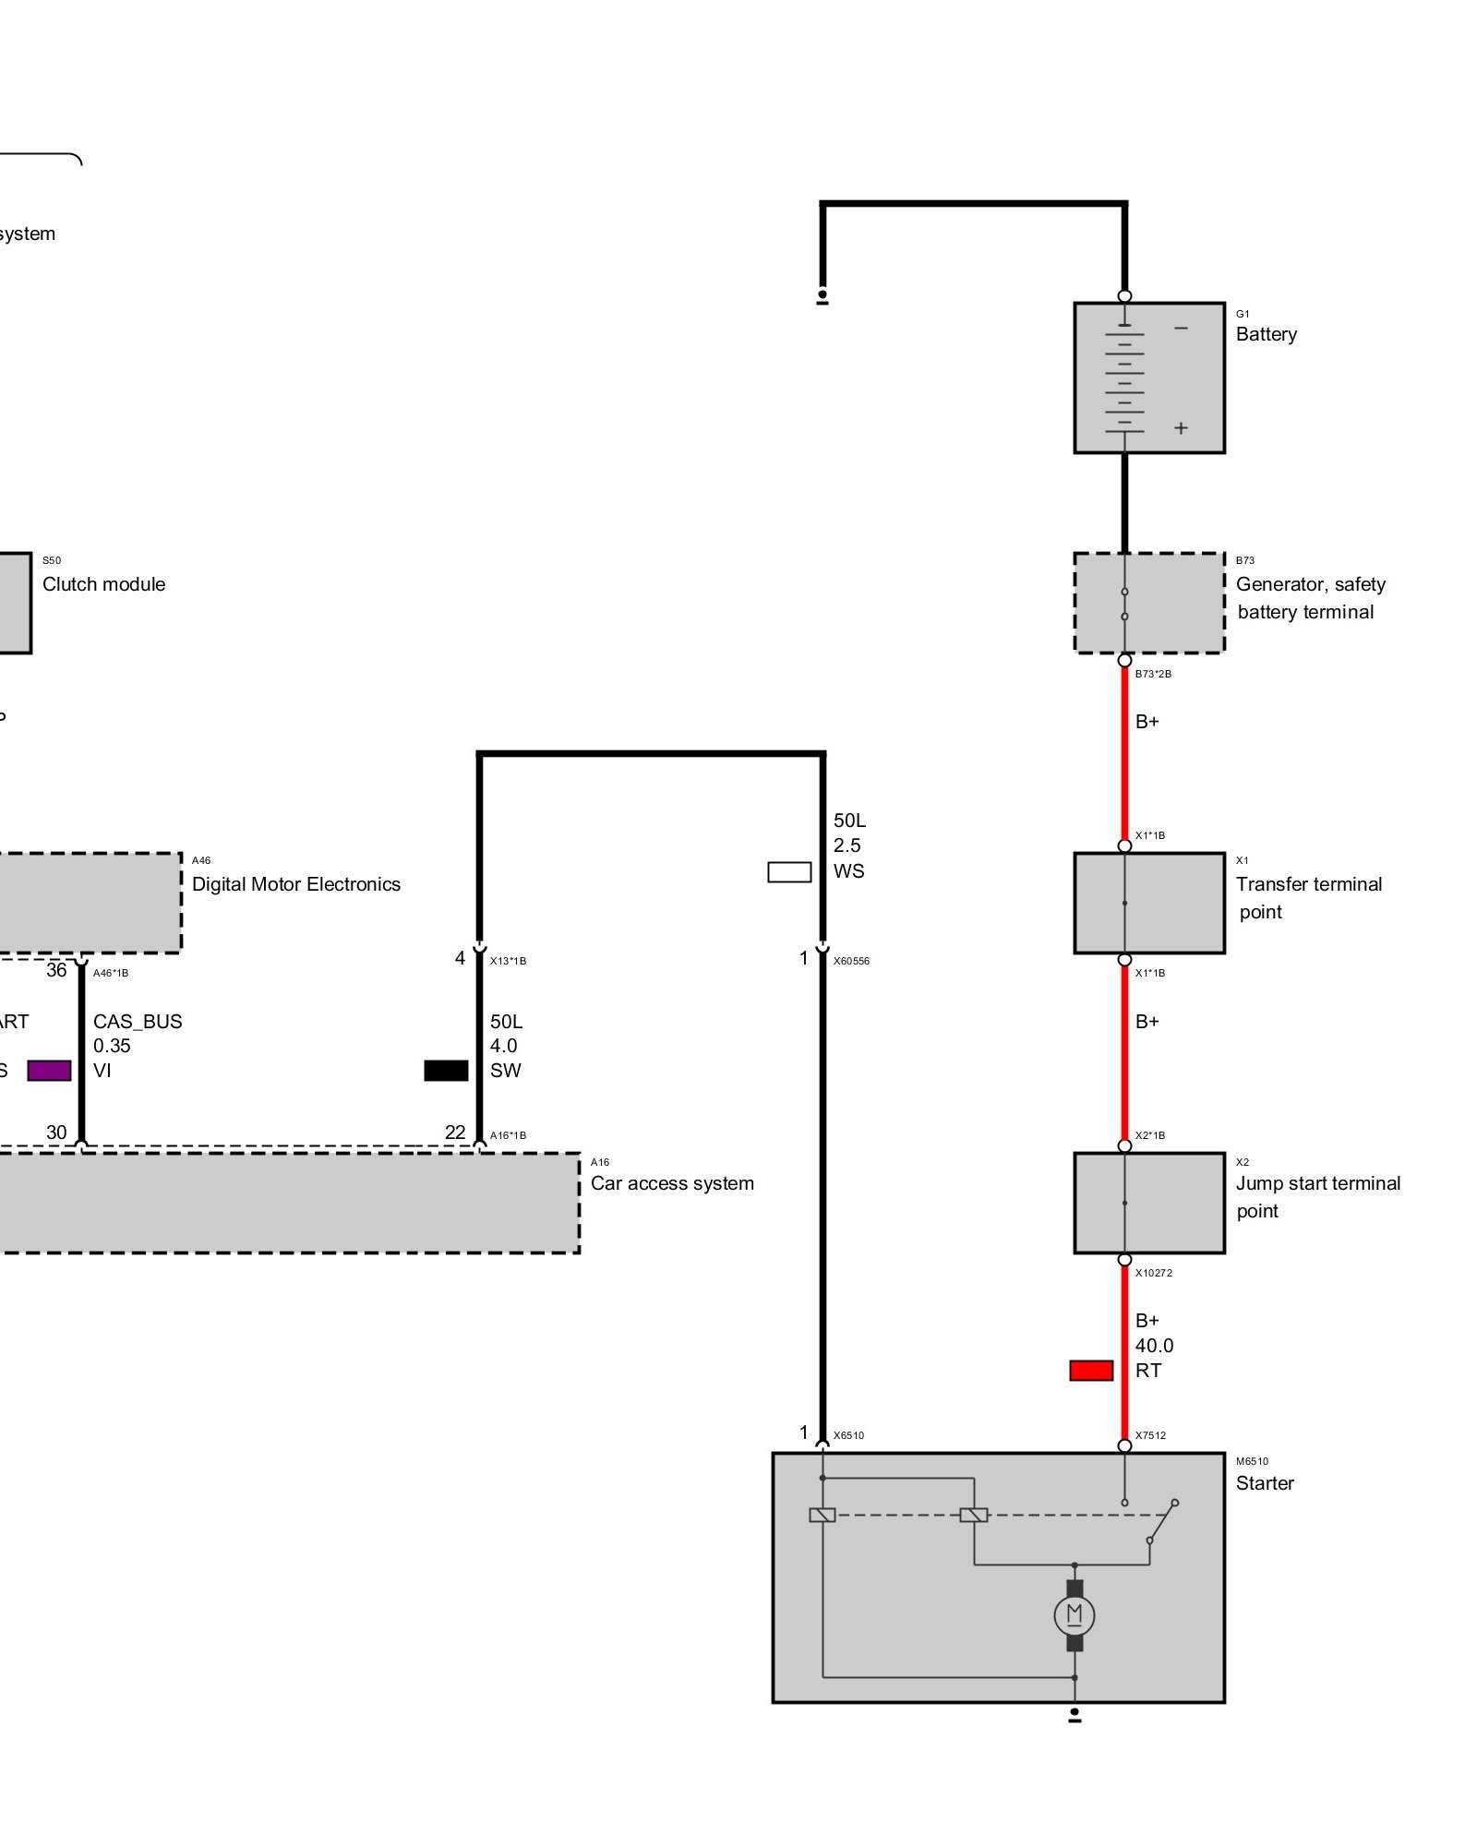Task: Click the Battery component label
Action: click(1266, 334)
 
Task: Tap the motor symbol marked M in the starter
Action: click(1074, 1614)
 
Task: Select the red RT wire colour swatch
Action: click(1091, 1371)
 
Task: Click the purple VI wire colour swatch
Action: click(49, 1070)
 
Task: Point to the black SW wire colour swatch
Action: click(446, 1070)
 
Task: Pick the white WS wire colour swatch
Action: click(789, 871)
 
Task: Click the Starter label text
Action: click(1265, 1483)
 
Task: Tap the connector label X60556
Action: click(851, 961)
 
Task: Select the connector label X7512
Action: click(1150, 1435)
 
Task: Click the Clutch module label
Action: click(103, 584)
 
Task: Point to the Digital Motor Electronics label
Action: click(295, 884)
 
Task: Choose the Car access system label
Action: click(672, 1183)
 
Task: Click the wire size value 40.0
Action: click(1154, 1346)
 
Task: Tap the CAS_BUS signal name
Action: click(138, 1022)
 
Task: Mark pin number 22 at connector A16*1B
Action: click(455, 1133)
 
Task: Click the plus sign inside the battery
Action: click(1181, 428)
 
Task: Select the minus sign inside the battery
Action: click(1181, 329)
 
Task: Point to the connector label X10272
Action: click(1154, 1273)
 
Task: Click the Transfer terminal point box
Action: click(1149, 903)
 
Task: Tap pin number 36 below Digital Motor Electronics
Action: click(56, 970)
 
